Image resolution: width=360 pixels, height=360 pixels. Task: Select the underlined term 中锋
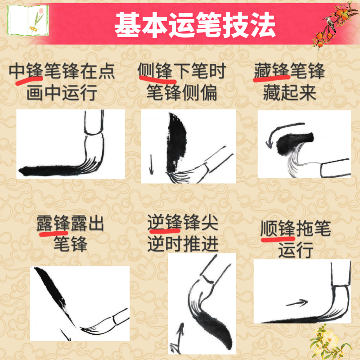tap(26, 72)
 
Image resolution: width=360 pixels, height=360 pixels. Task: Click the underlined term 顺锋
tap(278, 229)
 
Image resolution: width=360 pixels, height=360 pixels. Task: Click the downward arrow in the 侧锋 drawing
tap(151, 165)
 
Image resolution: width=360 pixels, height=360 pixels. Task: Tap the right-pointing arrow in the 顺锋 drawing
tap(295, 303)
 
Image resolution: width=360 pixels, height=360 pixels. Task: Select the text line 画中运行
tap(62, 94)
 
